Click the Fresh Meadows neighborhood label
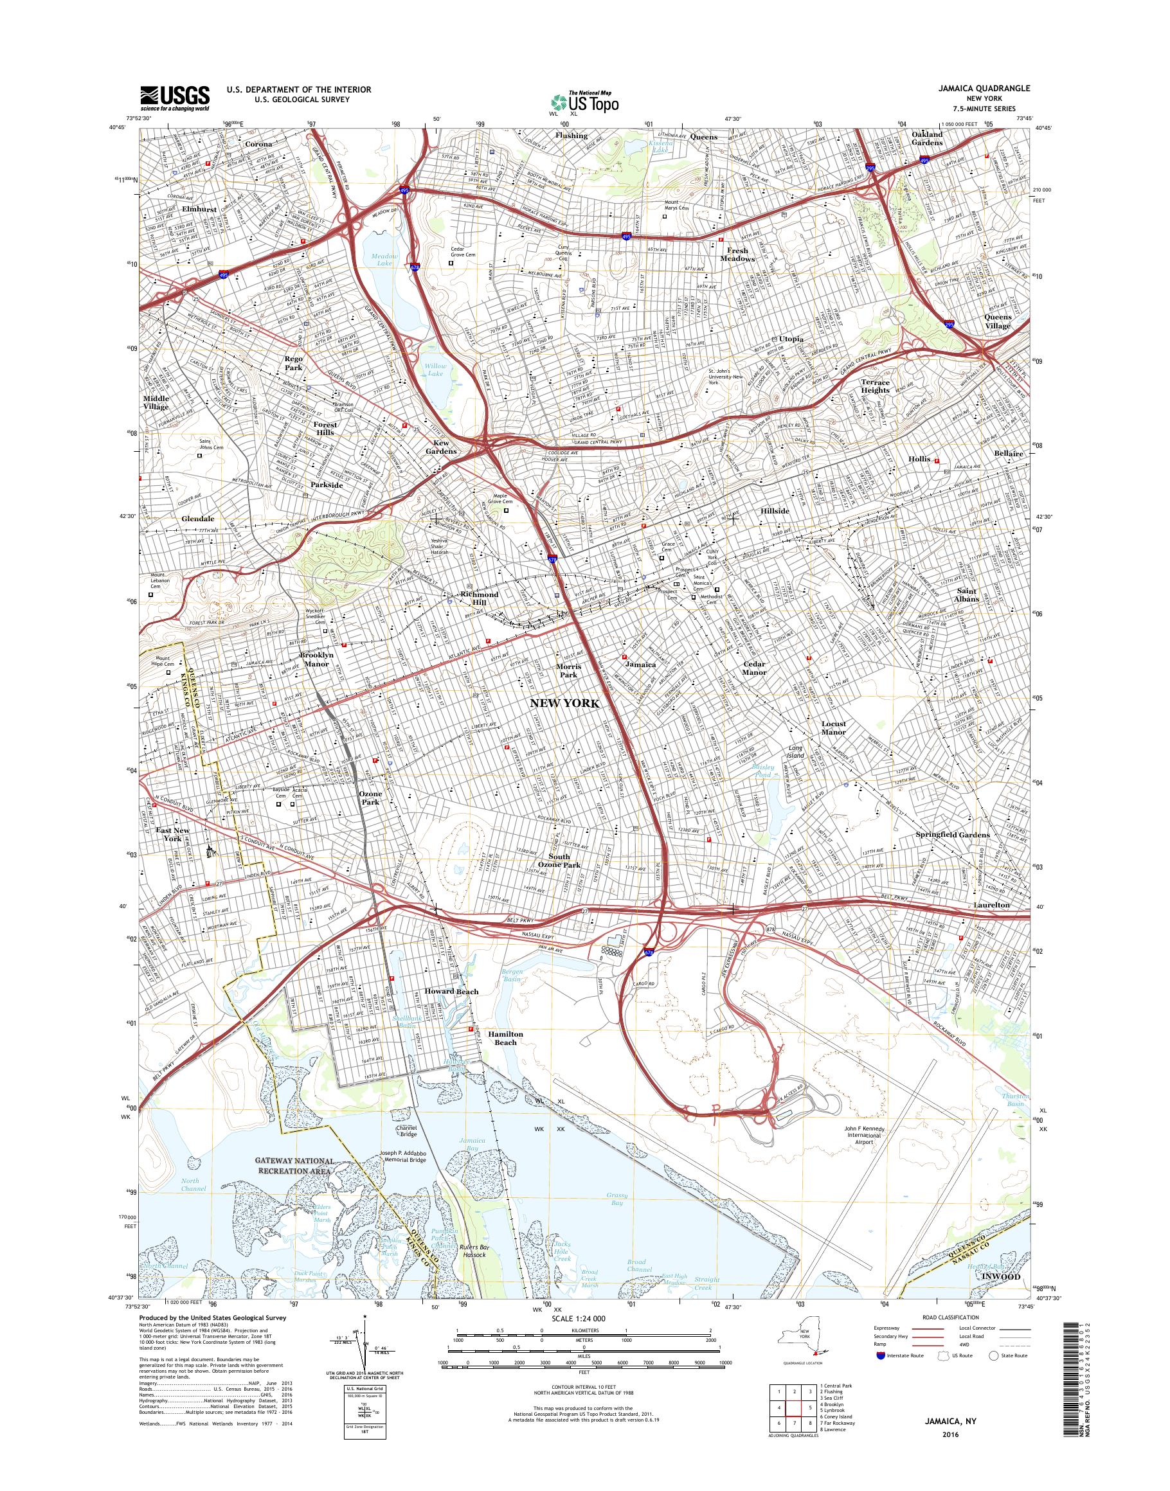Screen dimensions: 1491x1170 [736, 254]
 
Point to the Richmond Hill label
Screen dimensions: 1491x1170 [479, 598]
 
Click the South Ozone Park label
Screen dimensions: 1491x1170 [563, 861]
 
